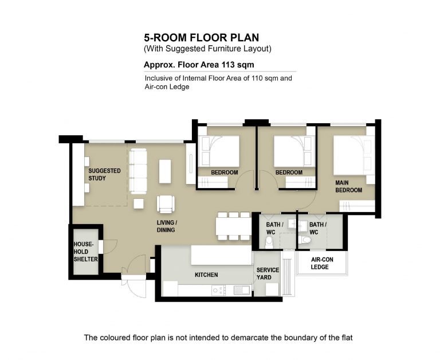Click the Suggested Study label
pos(104,174)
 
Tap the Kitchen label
pos(206,275)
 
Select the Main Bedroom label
pos(348,186)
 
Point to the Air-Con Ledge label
pos(322,263)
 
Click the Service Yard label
pos(268,273)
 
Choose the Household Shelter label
pos(85,252)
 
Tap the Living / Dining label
pos(167,226)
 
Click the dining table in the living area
pos(234,226)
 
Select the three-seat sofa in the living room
pos(138,171)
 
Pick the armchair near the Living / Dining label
pos(166,204)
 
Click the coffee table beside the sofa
pos(165,171)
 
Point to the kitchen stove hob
pos(219,290)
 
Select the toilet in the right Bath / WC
pos(305,240)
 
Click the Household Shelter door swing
pos(110,247)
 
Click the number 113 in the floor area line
pos(228,65)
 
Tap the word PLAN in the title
pos(245,38)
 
